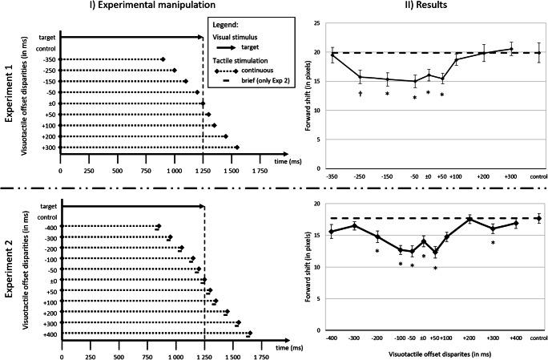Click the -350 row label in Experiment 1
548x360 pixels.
coord(48,59)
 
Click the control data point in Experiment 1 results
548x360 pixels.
coord(538,53)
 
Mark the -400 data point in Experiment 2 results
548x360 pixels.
coord(331,233)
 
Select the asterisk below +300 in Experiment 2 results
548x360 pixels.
coord(494,243)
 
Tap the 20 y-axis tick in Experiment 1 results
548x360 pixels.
coord(318,53)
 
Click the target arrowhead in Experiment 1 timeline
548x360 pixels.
coord(202,37)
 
